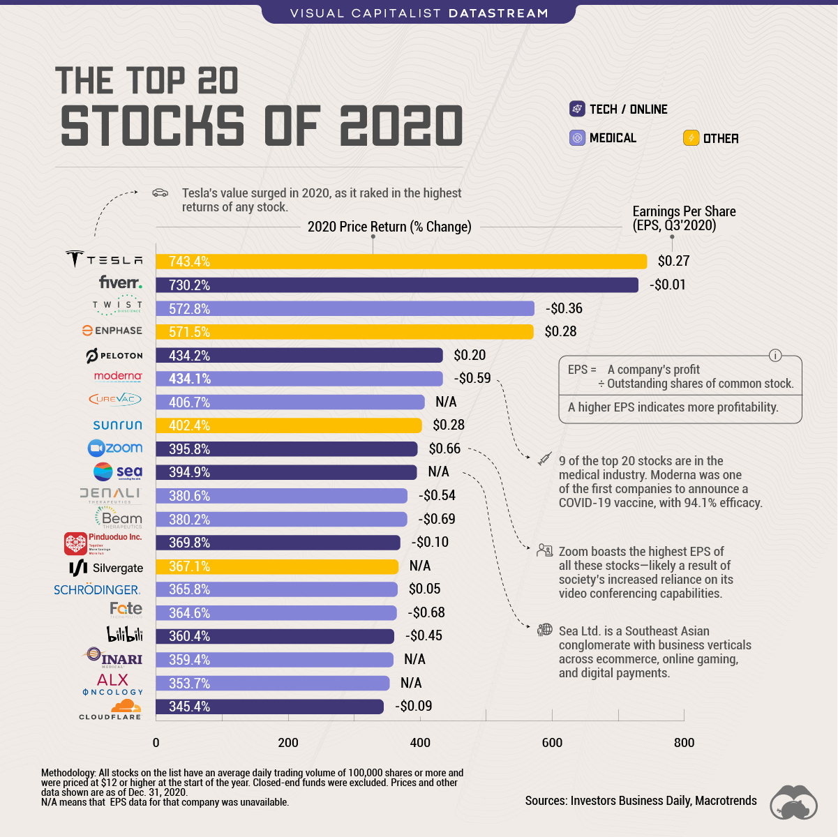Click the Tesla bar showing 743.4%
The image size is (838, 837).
[x=401, y=262]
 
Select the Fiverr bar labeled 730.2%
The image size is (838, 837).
[x=396, y=285]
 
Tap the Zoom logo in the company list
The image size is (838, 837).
[x=115, y=448]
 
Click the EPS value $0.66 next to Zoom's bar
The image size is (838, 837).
[x=444, y=448]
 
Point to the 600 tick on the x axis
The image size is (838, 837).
[x=552, y=742]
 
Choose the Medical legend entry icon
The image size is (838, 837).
[x=577, y=138]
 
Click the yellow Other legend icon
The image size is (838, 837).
[x=691, y=138]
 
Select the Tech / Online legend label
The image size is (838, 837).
[x=628, y=110]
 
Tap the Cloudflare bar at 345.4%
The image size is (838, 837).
[x=269, y=707]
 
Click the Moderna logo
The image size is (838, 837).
[x=118, y=376]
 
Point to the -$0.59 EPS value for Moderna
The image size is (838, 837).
[x=472, y=378]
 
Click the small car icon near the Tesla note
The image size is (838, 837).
[x=160, y=193]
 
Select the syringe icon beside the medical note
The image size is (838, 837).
[x=544, y=459]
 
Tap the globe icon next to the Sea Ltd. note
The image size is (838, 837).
[x=544, y=630]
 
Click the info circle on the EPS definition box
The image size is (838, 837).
[x=775, y=355]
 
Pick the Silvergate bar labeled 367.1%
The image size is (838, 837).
[x=277, y=566]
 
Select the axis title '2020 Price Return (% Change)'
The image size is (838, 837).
[x=389, y=227]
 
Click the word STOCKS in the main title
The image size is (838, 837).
[x=153, y=126]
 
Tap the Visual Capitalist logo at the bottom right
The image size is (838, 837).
[x=793, y=802]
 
